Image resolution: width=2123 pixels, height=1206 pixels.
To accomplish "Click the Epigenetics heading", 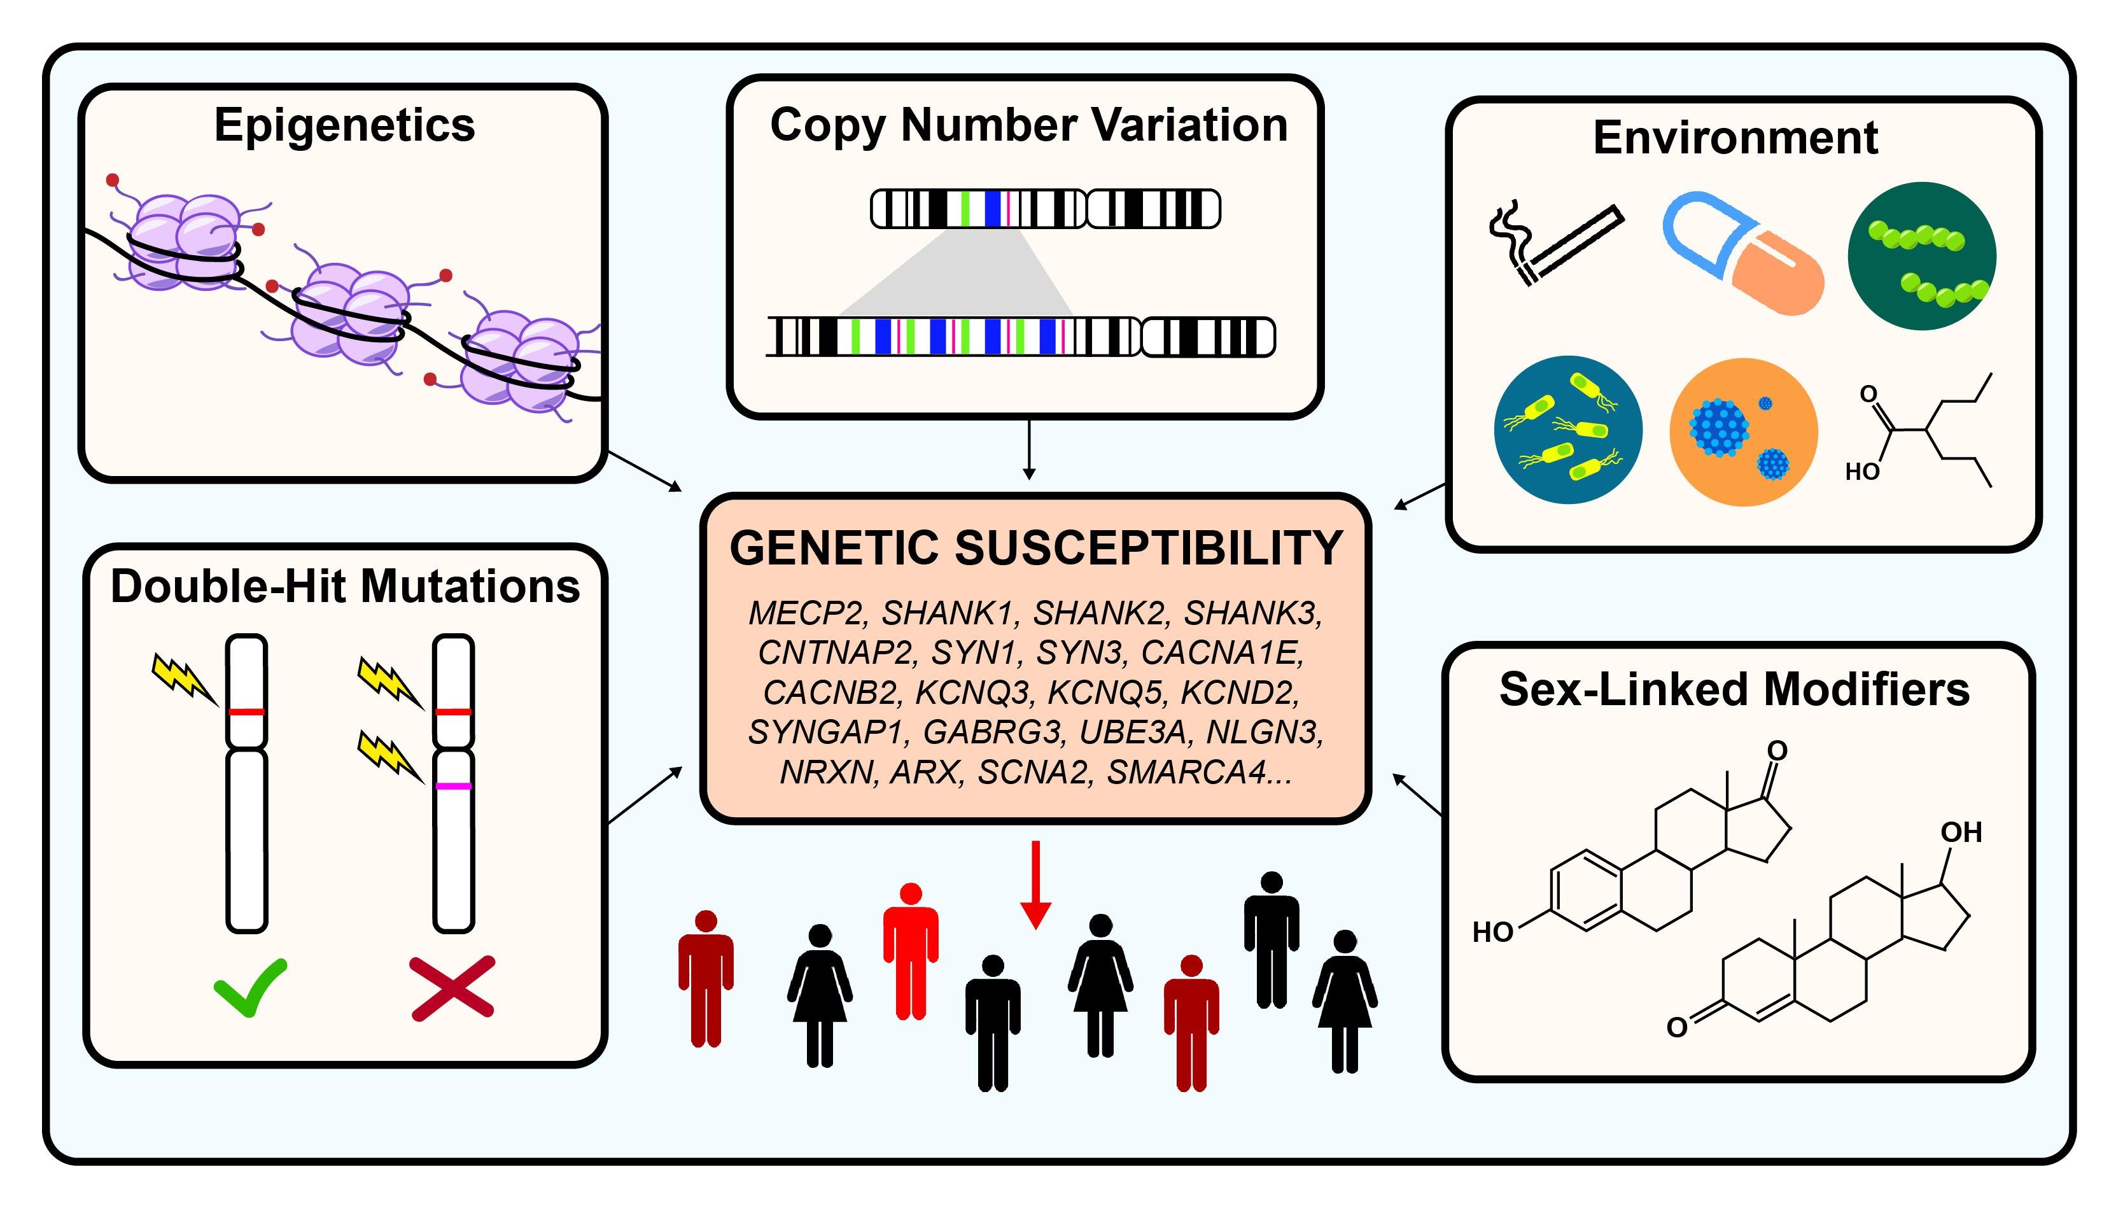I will (x=344, y=125).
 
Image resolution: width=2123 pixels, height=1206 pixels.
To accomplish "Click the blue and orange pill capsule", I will (x=1744, y=253).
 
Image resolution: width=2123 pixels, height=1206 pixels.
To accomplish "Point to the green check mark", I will (x=250, y=986).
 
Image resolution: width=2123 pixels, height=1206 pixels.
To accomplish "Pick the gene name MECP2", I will (x=806, y=613).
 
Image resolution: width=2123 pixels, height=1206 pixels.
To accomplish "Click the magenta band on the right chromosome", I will (x=454, y=786).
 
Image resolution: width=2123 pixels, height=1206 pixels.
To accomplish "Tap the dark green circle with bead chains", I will (x=1921, y=256).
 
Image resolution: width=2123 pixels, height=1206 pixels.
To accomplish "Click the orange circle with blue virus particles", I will (x=1743, y=431).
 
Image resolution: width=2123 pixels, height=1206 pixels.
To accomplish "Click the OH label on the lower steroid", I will (x=1961, y=832).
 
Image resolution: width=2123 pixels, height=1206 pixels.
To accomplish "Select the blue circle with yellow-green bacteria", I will (x=1567, y=430).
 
